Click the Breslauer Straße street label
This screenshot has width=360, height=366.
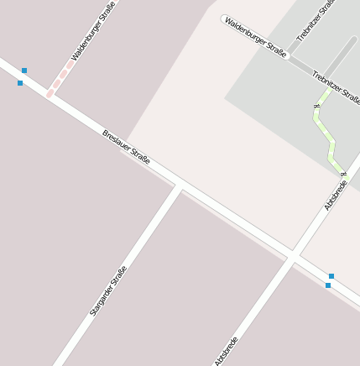click(x=126, y=146)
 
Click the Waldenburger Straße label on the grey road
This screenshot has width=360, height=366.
click(x=256, y=36)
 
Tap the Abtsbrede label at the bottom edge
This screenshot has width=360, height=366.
click(x=227, y=351)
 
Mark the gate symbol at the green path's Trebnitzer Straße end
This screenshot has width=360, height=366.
click(x=317, y=106)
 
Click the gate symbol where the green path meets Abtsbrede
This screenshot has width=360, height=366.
click(x=344, y=172)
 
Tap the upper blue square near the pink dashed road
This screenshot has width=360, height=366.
click(x=24, y=71)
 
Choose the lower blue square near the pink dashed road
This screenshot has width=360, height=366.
click(x=20, y=83)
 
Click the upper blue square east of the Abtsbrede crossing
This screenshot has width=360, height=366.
click(x=331, y=275)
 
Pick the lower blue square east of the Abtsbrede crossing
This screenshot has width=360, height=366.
click(x=328, y=285)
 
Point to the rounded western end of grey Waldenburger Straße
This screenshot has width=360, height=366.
click(x=224, y=18)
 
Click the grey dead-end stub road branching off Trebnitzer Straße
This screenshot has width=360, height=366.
click(x=340, y=55)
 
